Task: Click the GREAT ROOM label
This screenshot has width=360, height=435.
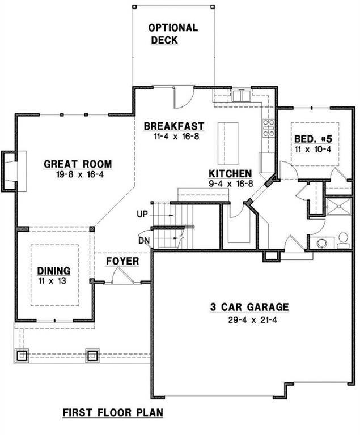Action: (78, 164)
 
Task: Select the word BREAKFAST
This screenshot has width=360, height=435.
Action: (173, 126)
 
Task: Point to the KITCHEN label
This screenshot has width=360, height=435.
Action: (230, 173)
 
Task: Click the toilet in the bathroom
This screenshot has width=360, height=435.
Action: (343, 240)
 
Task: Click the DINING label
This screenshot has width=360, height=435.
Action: (53, 271)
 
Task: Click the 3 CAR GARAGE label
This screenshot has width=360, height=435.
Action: (249, 307)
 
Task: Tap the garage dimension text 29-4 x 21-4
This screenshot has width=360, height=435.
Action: (249, 319)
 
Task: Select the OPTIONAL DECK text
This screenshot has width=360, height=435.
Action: (173, 33)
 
